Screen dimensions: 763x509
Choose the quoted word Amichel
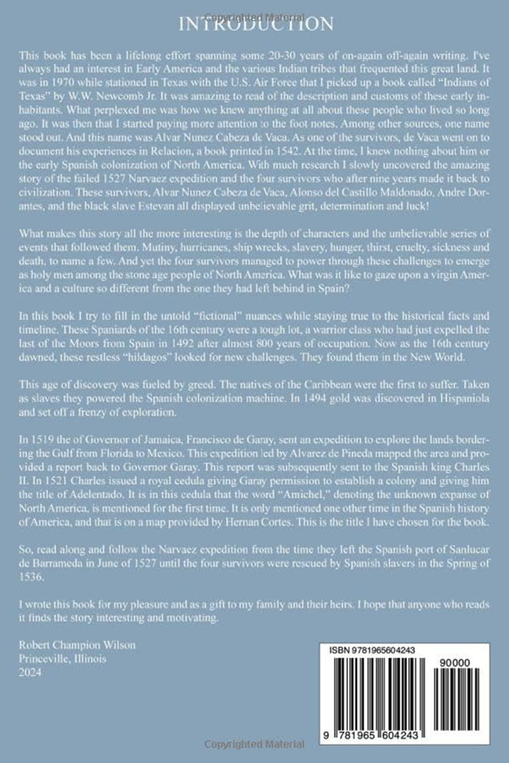(269, 494)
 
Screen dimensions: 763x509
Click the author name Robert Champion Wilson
(77, 645)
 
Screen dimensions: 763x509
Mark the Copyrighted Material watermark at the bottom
(256, 744)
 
